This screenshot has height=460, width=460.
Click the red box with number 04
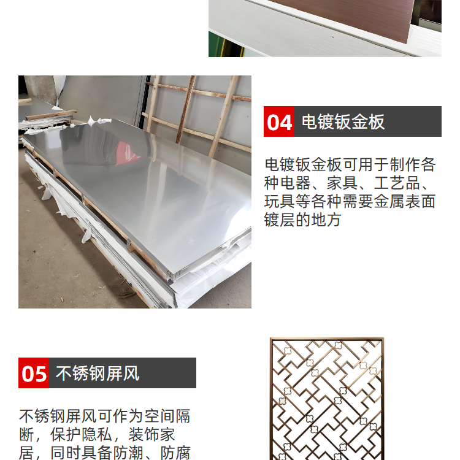(x=278, y=121)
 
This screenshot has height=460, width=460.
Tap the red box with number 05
(x=34, y=373)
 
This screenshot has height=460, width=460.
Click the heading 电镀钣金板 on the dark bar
(x=343, y=122)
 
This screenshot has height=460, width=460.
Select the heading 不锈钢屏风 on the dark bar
(x=98, y=374)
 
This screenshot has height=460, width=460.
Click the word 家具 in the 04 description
(x=342, y=183)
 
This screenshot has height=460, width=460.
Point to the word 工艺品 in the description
(x=397, y=183)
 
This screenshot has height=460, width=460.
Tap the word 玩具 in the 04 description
(x=280, y=202)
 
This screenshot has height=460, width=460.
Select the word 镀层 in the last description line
(x=280, y=220)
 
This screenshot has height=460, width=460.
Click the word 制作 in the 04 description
(x=405, y=164)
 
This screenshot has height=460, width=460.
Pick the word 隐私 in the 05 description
(x=97, y=434)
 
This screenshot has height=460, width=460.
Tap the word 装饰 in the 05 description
(x=144, y=434)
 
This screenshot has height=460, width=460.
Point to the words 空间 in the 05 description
(x=159, y=416)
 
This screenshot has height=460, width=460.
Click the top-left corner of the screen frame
(x=270, y=339)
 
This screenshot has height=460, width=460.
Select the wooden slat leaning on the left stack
(x=52, y=115)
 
